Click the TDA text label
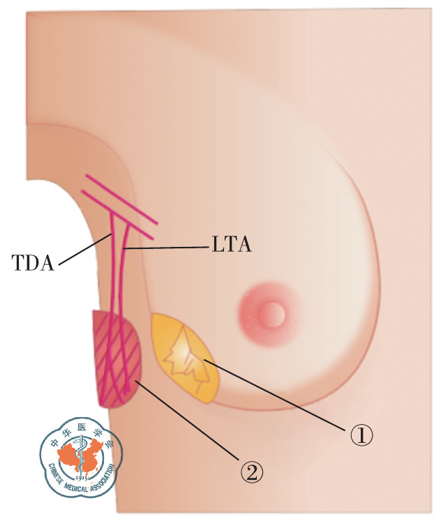[33, 263]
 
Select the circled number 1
[361, 436]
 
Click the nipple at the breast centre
[272, 314]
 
